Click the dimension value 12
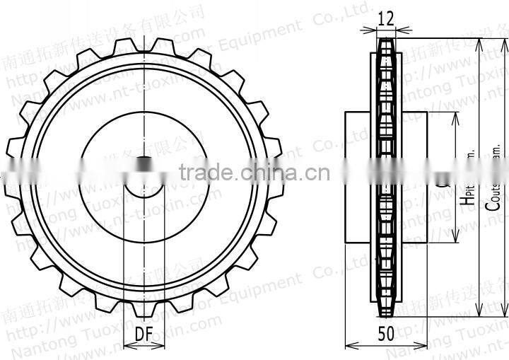385,19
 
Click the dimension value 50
386,335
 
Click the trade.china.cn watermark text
254,171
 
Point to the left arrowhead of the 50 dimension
349,346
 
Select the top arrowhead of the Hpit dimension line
453,115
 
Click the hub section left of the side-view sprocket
357,177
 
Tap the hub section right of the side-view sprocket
415,177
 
